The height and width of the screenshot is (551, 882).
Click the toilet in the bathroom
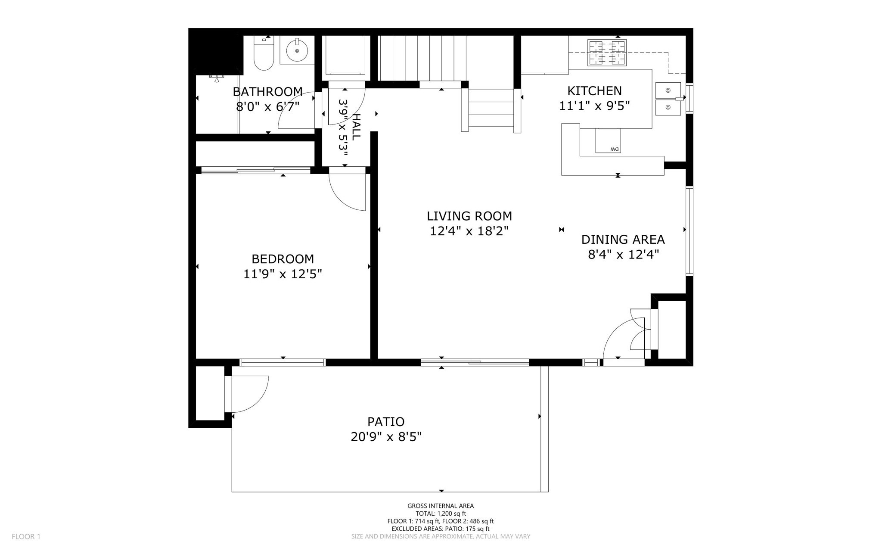(264, 56)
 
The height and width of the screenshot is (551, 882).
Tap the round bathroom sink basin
(297, 50)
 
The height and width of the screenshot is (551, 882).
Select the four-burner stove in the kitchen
(607, 53)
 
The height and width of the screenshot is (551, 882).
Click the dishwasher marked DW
(608, 140)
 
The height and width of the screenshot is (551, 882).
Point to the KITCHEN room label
(594, 91)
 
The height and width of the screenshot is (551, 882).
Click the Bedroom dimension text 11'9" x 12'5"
(283, 274)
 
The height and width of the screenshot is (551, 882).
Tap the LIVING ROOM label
(469, 216)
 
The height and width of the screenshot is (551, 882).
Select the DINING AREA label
(623, 240)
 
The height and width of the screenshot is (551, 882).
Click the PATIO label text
(385, 421)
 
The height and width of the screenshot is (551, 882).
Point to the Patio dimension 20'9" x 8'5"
(385, 437)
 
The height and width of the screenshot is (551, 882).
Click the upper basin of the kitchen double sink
(668, 90)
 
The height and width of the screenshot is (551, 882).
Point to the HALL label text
(356, 127)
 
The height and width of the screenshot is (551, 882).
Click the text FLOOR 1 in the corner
(26, 536)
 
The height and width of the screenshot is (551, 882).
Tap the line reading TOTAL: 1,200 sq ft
(441, 514)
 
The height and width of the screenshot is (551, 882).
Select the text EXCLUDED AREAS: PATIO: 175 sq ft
(441, 529)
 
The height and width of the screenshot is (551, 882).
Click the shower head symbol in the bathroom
(217, 78)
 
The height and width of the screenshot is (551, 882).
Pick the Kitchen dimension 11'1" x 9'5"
(594, 106)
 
